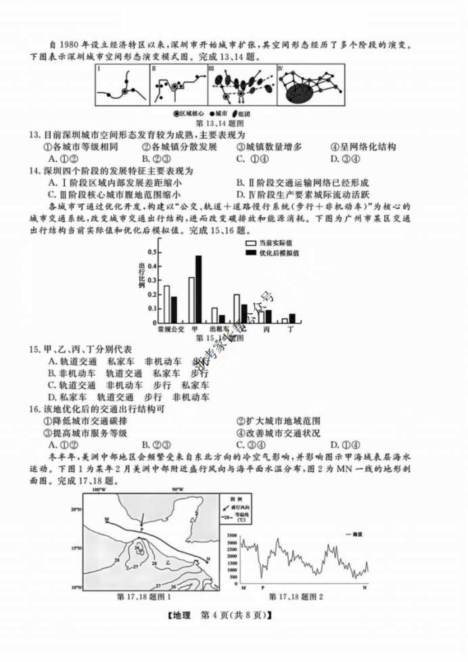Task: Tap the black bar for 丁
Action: [x=292, y=319]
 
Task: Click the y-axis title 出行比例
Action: [x=142, y=275]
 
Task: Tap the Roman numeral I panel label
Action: [x=99, y=68]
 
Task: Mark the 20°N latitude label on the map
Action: [x=75, y=508]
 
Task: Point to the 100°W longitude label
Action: [x=99, y=489]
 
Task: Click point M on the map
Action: [x=108, y=519]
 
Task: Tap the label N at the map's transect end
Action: [x=208, y=558]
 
